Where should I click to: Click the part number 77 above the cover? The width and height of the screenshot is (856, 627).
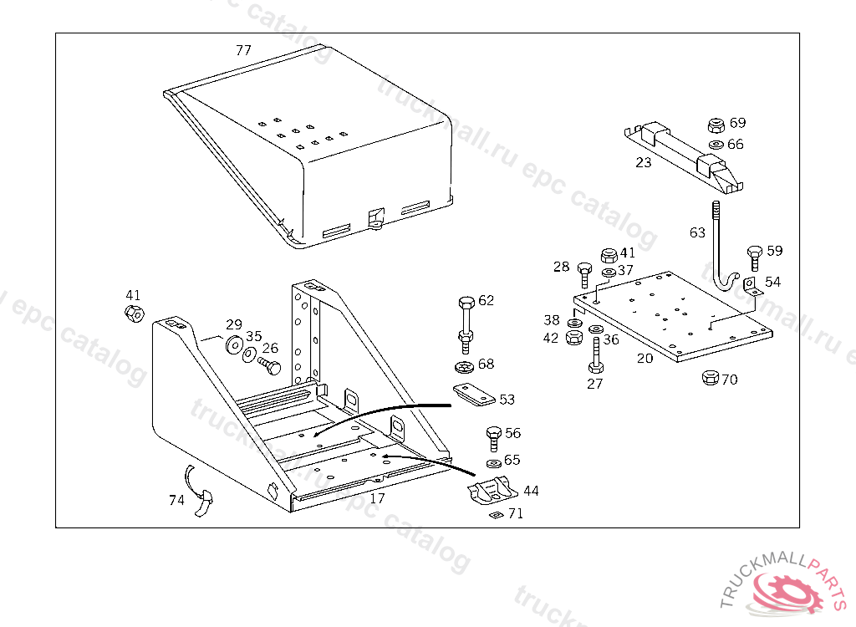pos(243,50)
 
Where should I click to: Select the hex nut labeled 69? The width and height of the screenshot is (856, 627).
pos(716,126)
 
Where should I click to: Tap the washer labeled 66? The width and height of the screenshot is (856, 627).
pos(716,145)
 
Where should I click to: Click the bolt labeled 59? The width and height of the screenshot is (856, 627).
pos(754,256)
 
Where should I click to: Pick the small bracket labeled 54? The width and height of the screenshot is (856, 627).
pos(750,287)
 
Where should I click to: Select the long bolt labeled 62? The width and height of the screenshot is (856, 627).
pos(466,322)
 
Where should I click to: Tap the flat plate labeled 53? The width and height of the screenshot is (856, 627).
pos(472,395)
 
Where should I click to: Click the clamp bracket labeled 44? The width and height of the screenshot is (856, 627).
pos(492,493)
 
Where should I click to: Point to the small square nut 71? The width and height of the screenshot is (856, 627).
pos(496,514)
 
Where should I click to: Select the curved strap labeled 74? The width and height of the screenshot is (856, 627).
pos(201,494)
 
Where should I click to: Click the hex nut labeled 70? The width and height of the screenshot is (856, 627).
pos(709,377)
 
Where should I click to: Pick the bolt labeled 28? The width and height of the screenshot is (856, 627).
pos(584,274)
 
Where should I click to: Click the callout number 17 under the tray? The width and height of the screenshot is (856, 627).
pos(377,498)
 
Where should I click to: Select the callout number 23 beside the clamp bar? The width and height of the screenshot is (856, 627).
pos(643,162)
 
